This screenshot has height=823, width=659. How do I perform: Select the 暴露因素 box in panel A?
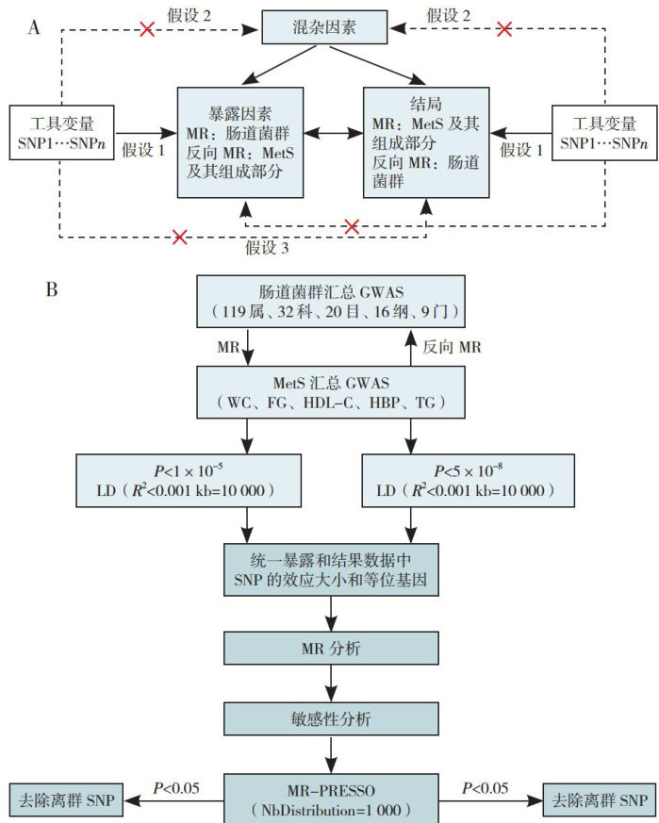tap(240, 141)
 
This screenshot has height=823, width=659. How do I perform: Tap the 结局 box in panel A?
tap(426, 141)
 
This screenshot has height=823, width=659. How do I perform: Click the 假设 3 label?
tap(269, 248)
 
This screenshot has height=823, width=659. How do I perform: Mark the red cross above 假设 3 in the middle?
tap(352, 226)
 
